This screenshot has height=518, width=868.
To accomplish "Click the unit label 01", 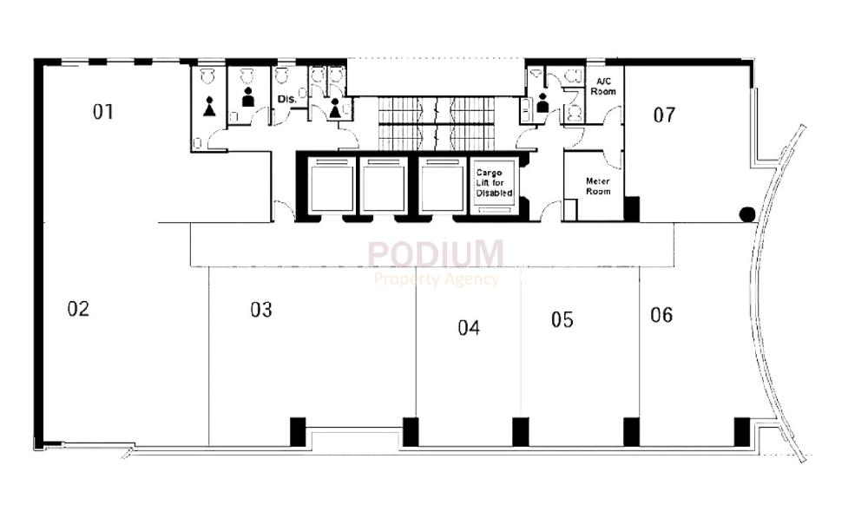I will point(104,111).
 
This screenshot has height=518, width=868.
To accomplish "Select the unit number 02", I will point(79,309).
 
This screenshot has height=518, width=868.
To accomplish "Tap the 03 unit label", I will point(261,310).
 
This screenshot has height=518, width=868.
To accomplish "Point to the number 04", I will point(469,327).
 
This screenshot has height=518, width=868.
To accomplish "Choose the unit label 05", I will point(562,320).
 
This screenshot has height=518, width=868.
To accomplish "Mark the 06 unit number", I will point(661,315).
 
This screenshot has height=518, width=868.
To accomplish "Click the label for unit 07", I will point(664,115).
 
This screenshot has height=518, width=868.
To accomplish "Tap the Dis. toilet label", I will point(287,100).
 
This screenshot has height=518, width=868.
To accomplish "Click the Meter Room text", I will point(597,187).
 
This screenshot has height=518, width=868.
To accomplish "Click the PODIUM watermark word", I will point(435,254).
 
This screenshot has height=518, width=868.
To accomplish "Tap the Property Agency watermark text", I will point(437,279).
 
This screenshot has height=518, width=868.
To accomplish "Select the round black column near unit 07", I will point(746,214).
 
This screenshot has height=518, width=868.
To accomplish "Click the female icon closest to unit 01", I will point(209,107).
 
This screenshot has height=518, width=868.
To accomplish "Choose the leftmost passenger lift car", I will point(325,186).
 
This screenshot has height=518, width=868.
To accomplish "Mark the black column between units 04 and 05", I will point(520,431).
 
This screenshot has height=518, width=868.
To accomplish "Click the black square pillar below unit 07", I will point(632,209).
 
